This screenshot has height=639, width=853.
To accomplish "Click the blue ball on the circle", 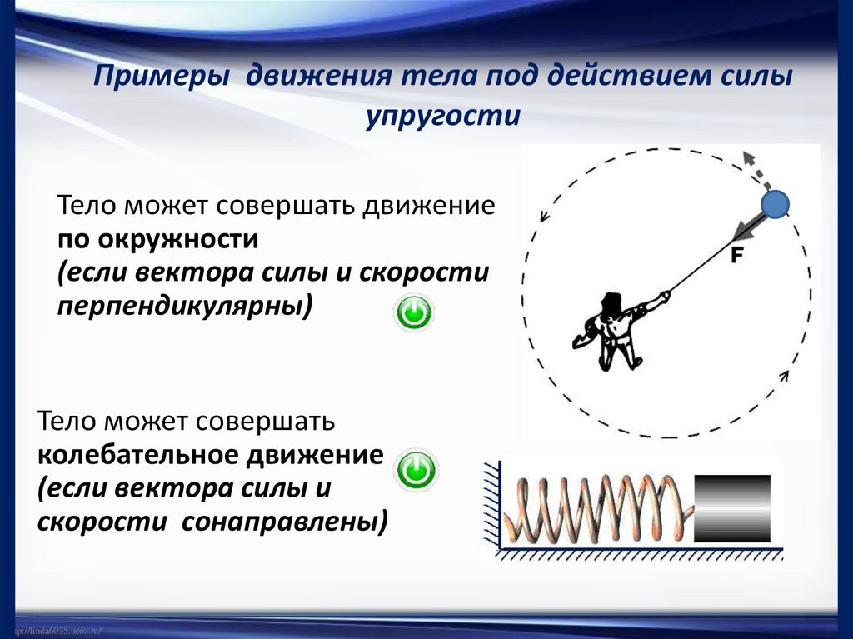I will (x=776, y=205).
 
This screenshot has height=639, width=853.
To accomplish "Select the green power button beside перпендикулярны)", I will (x=414, y=314).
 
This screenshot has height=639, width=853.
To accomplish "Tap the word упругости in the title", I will (x=441, y=115).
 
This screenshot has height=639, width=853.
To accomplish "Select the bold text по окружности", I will (x=158, y=240).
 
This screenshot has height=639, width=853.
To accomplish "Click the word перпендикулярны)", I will (x=185, y=306).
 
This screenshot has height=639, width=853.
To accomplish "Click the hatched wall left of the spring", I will (x=489, y=508).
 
